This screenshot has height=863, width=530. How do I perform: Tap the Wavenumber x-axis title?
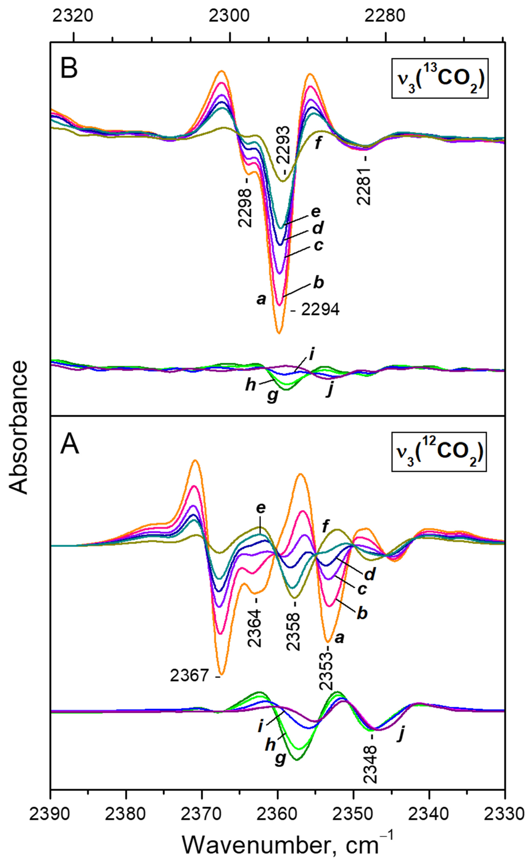[x=287, y=839]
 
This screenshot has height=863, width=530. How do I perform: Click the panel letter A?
[x=70, y=446]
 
